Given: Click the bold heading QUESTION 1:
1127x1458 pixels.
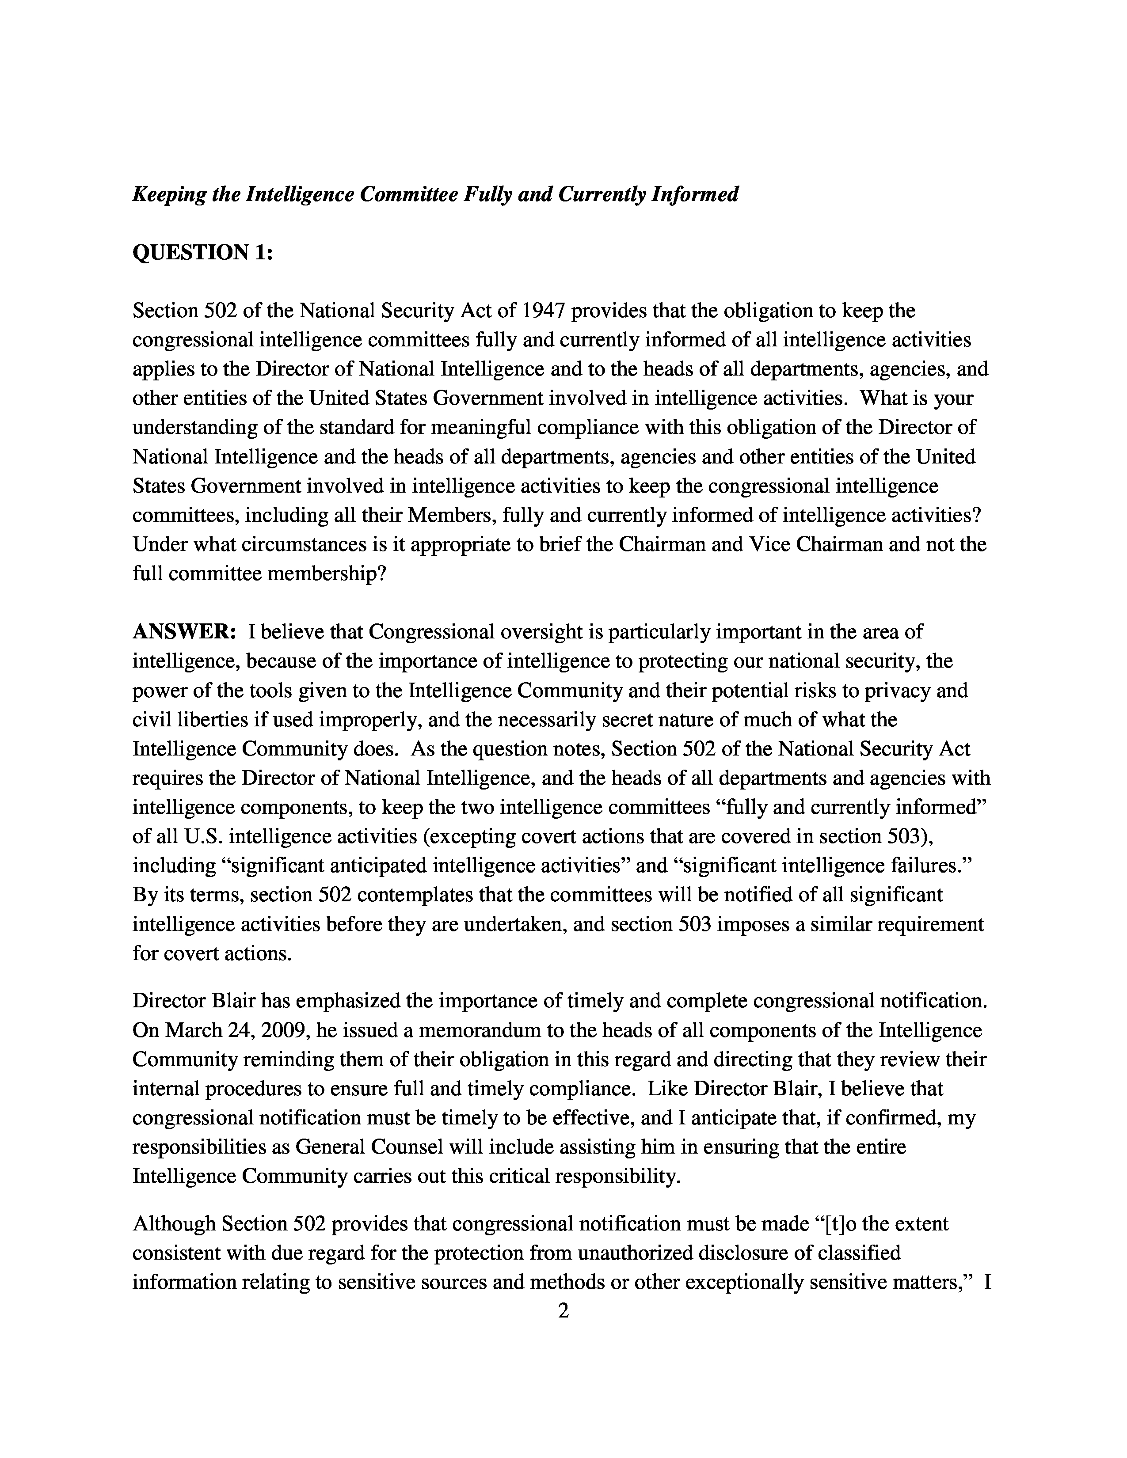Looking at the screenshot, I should (x=202, y=252).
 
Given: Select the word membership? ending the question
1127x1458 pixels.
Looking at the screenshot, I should (x=326, y=574).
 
